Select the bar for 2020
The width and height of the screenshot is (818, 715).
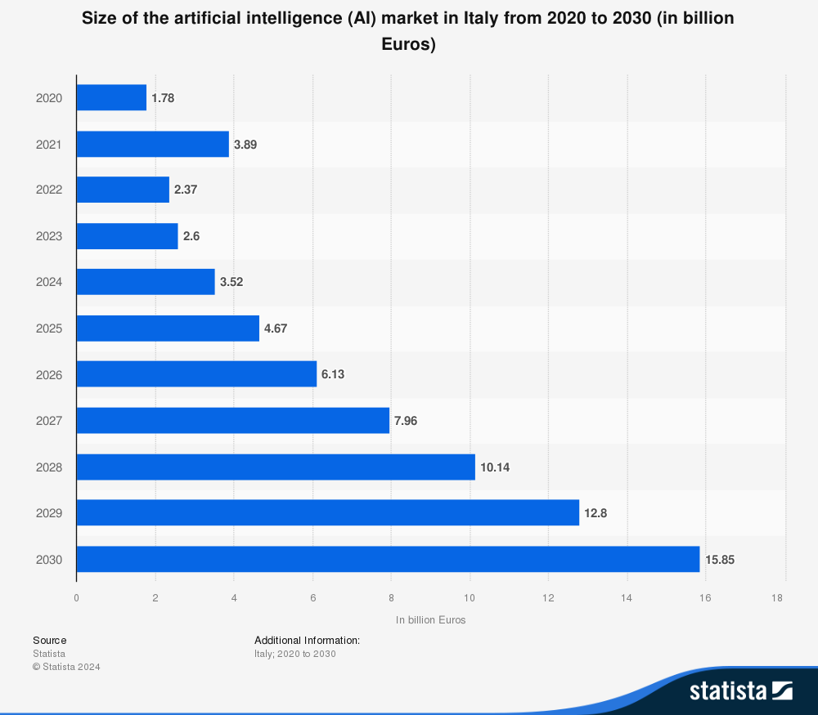click(x=111, y=98)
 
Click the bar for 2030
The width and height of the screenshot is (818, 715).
click(x=388, y=560)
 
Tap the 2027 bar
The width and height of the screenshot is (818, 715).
click(x=233, y=421)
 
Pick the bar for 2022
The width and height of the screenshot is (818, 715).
click(x=123, y=190)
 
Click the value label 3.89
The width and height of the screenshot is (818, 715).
click(x=245, y=144)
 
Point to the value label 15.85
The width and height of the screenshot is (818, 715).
click(x=721, y=560)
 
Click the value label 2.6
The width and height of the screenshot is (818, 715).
click(x=191, y=236)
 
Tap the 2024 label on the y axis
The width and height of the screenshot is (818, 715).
click(x=49, y=283)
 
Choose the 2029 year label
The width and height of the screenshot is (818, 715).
click(x=49, y=513)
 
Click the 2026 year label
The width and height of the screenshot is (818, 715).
click(x=49, y=375)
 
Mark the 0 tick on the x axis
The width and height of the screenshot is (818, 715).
click(x=76, y=598)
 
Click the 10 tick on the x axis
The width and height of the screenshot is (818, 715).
click(x=470, y=598)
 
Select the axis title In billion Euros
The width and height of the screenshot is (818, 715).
click(x=430, y=620)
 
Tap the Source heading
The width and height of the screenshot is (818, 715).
click(x=50, y=641)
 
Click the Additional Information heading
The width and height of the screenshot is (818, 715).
click(x=307, y=641)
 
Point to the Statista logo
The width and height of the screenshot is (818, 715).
click(x=740, y=690)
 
